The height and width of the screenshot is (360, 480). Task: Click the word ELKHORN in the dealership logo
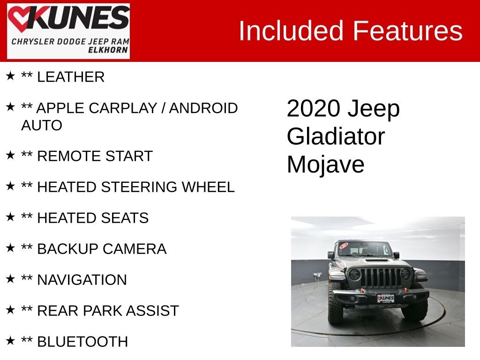coord(108,50)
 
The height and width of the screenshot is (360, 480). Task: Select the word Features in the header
coord(407,31)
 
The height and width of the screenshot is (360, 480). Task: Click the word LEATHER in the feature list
coord(70,77)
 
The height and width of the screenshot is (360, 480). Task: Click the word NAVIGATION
coord(82,280)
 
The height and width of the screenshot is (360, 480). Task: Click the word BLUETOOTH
coord(82,342)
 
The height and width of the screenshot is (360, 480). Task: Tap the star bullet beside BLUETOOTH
coord(10,340)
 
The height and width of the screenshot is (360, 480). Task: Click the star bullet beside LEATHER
coord(10,76)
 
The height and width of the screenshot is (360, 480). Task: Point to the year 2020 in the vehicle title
coord(313,109)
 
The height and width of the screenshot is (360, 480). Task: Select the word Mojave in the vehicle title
coord(325,165)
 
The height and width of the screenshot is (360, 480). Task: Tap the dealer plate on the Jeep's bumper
coord(385,298)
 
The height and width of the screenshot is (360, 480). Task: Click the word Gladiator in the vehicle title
coord(336,136)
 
